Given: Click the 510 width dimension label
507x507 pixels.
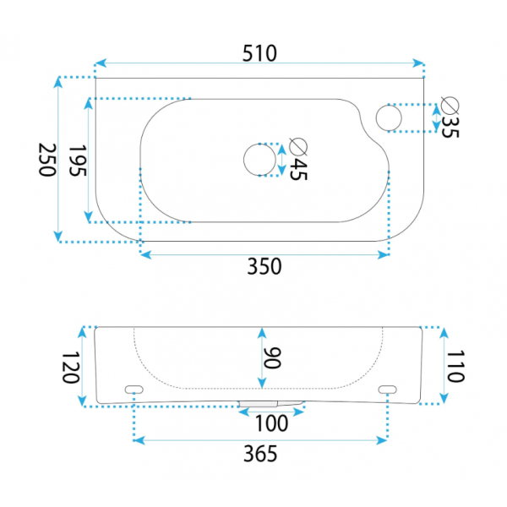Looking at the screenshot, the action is click(x=259, y=53).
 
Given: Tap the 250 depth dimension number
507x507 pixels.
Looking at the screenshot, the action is click(x=47, y=160).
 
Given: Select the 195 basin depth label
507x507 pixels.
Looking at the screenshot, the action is click(x=78, y=161).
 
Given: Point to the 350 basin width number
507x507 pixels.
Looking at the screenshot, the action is click(x=264, y=266).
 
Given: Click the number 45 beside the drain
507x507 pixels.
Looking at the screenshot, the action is click(x=298, y=169).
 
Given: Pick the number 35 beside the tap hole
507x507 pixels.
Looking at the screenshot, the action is click(x=450, y=127).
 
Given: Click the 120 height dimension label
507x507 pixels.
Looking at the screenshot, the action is click(x=70, y=368).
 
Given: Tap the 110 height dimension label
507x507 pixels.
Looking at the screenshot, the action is click(x=455, y=366).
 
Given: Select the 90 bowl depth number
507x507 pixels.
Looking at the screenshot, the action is click(x=272, y=358).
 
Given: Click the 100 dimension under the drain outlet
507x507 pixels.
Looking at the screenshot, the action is click(x=271, y=423).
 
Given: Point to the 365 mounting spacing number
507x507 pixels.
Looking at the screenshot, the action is click(x=260, y=454).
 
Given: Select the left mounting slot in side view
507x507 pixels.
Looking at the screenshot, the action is click(x=134, y=390).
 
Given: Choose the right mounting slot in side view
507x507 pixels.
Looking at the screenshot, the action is click(x=387, y=390).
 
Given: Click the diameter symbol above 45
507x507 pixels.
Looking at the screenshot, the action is click(x=298, y=147).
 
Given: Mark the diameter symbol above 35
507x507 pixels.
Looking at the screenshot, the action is click(x=450, y=106).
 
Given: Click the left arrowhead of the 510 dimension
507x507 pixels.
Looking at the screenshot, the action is click(x=101, y=63).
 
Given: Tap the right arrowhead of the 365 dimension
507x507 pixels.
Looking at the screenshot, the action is click(x=382, y=440).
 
